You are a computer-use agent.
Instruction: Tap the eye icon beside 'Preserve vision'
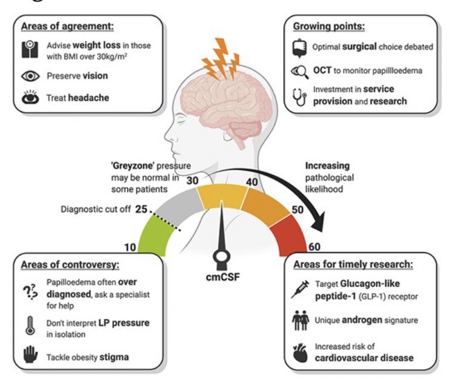30,76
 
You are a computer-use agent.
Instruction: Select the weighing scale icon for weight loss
29,50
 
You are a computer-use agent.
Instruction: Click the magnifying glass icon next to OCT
299,72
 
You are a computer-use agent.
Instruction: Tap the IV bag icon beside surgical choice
298,46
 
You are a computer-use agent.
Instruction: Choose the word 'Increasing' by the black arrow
328,165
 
